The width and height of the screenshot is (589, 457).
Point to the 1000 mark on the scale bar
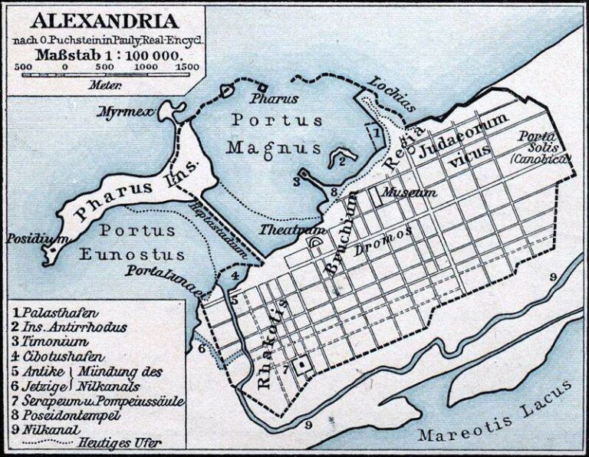tap(145, 67)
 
